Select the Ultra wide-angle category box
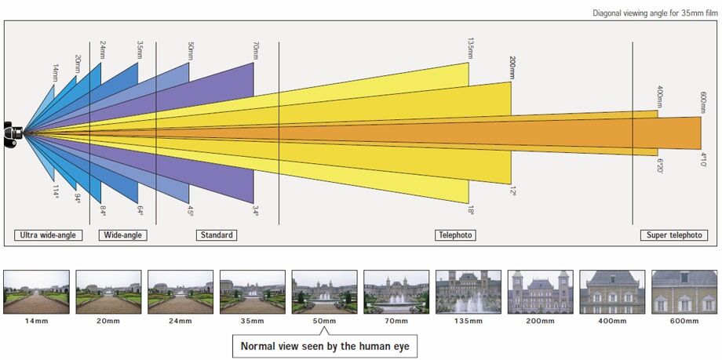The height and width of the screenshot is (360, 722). (48, 235)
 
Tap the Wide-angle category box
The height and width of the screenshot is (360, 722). (123, 235)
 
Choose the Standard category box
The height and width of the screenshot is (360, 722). (217, 235)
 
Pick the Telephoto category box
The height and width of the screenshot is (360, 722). (455, 235)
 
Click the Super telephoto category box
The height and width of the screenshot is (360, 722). (673, 235)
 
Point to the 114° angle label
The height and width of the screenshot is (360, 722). (55, 191)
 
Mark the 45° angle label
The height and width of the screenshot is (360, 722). (190, 210)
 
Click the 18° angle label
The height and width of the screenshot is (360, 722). (471, 210)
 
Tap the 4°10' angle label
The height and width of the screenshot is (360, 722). (702, 160)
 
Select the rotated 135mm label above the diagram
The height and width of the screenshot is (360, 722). (470, 48)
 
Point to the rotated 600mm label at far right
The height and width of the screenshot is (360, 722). (702, 102)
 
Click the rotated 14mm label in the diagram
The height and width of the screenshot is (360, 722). (55, 73)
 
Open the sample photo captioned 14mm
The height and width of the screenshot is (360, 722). (36, 292)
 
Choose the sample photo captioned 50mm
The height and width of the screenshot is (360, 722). (325, 292)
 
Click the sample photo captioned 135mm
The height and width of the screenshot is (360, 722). (469, 292)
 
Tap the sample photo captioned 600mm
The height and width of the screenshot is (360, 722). (684, 292)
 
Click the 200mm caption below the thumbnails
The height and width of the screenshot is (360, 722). (541, 321)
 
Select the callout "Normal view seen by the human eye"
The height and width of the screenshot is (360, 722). (325, 346)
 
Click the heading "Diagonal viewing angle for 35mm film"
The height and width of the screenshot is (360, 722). (655, 13)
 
